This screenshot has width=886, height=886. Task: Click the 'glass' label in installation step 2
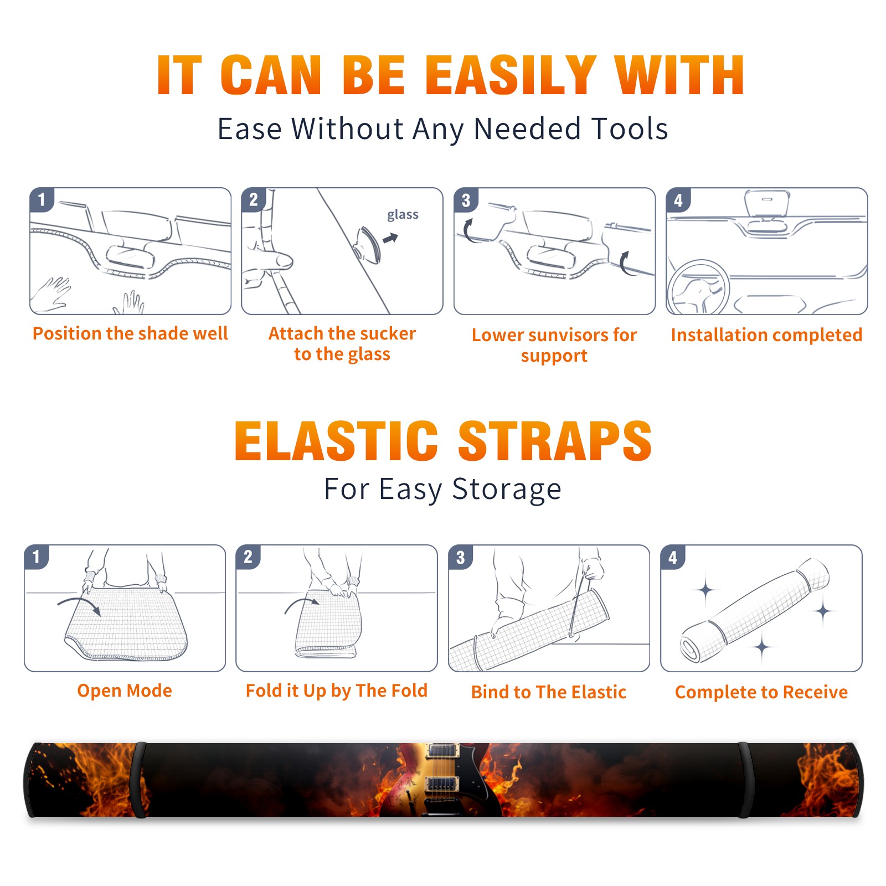coord(403,215)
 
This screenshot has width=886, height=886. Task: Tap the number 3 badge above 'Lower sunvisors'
coord(466,200)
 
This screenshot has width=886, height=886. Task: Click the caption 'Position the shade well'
coord(130,333)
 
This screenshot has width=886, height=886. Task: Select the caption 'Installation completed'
coord(766,335)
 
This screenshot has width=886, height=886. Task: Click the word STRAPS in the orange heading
coord(555,441)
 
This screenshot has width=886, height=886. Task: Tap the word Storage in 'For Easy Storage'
coord(507,490)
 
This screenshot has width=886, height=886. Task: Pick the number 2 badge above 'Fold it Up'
coord(248,557)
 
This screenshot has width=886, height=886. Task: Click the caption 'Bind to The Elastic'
coord(549,692)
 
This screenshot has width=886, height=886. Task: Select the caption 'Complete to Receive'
coord(761,692)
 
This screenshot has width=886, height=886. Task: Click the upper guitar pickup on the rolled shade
coord(442,750)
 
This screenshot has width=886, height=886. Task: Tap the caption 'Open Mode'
coord(125,691)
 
